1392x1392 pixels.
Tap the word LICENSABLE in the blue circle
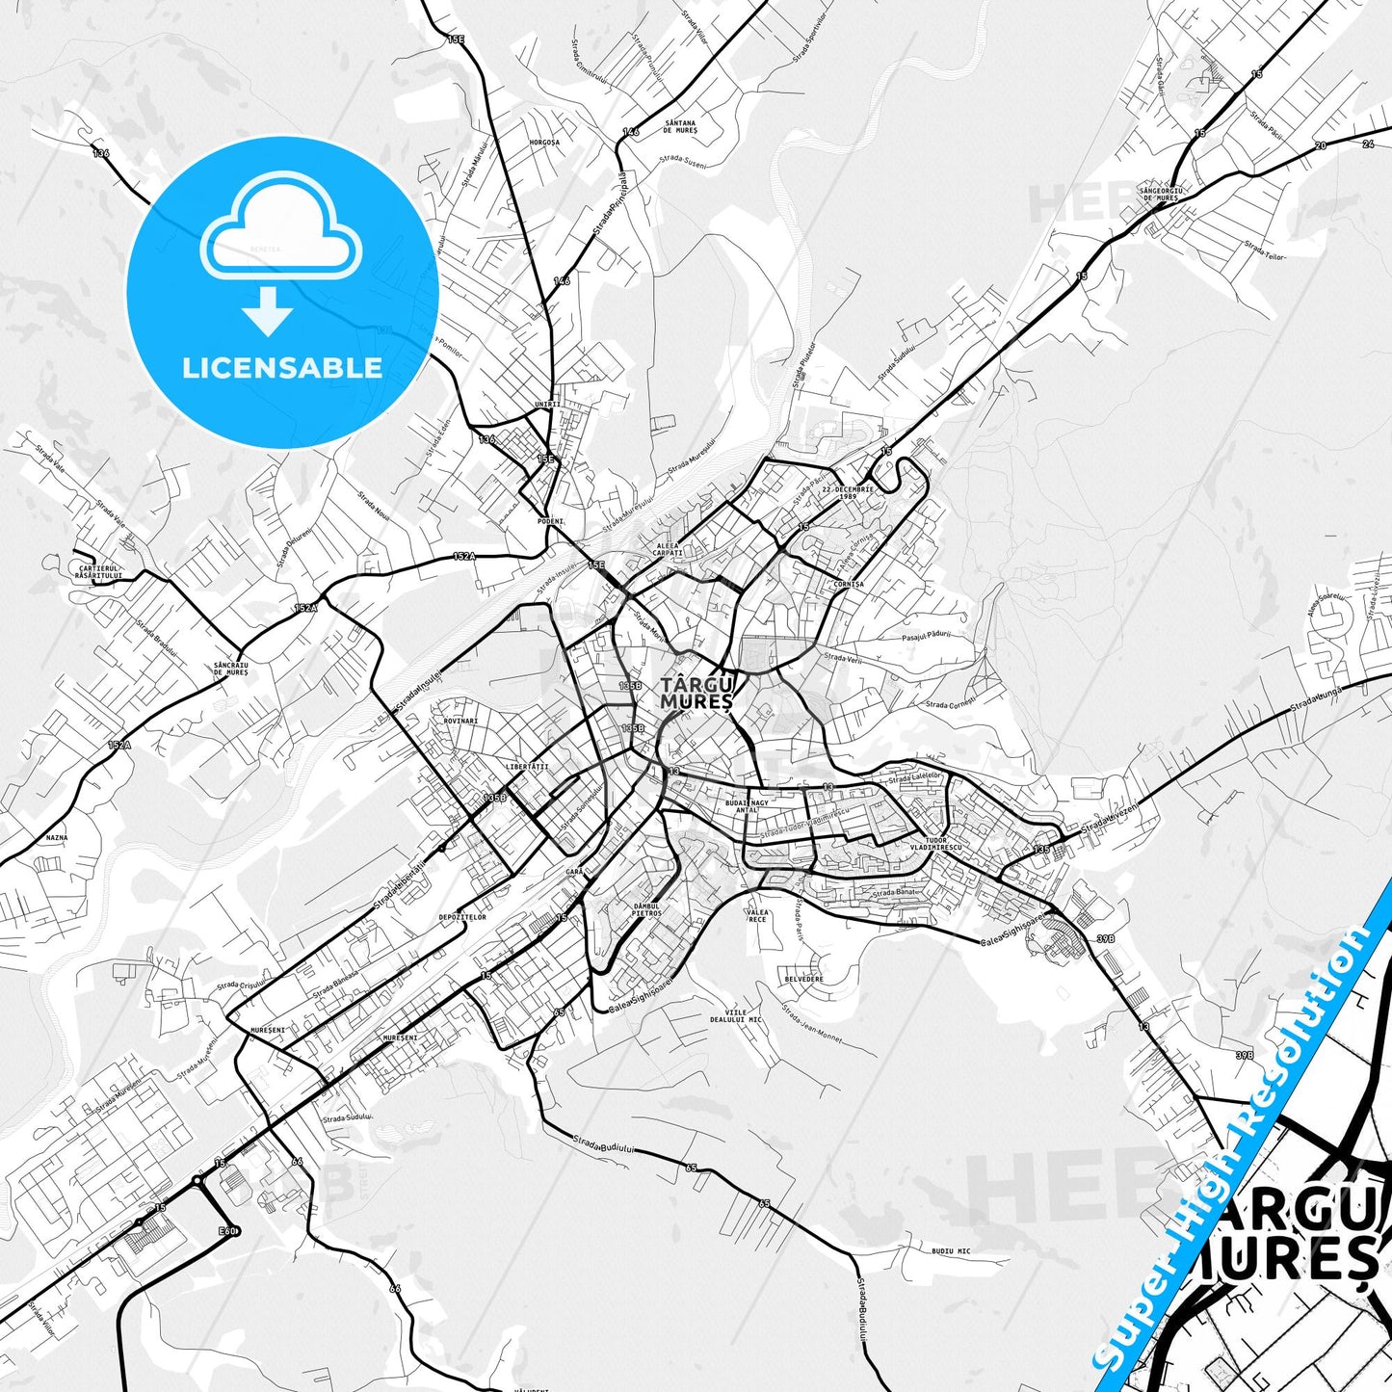coord(282,368)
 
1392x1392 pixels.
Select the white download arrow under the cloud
coord(268,311)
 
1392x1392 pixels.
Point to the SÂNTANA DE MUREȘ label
coord(680,126)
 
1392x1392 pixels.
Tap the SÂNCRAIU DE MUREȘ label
coord(231,669)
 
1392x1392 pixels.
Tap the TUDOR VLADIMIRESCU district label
coord(942,843)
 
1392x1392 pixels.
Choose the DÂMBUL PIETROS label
coord(647,909)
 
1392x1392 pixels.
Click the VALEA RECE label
coord(758,915)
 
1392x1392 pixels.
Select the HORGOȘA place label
coord(544,143)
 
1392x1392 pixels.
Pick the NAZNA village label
coord(57,838)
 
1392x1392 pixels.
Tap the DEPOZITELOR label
coord(462,917)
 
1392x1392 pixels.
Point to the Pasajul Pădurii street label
coord(928,634)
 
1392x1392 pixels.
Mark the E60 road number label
coord(227,1231)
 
